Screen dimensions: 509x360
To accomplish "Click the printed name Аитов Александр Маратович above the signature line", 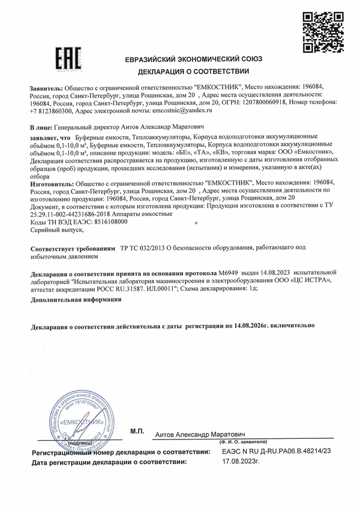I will [x=199, y=433].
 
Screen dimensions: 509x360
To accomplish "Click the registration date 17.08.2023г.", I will [x=243, y=462].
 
